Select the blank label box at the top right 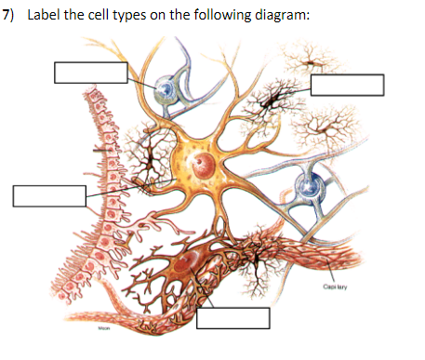(x=347, y=84)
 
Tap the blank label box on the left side (x=48, y=195)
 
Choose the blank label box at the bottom (x=233, y=319)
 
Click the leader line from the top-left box (x=141, y=79)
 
